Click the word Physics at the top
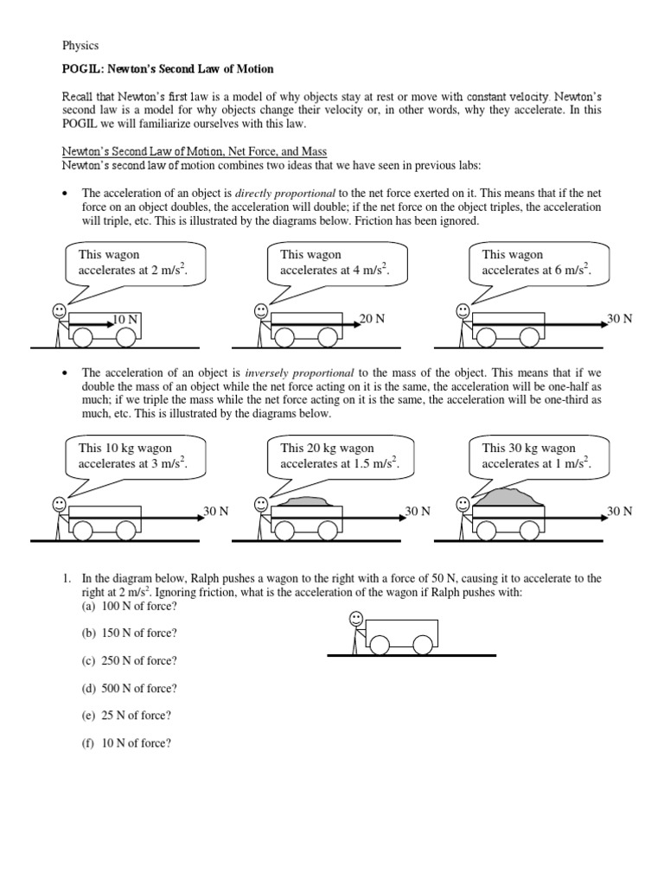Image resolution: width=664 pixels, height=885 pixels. (80, 45)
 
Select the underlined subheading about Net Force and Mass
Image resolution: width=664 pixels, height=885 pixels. (195, 152)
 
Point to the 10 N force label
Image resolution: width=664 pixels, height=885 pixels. (126, 320)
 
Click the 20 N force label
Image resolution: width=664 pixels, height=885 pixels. (373, 319)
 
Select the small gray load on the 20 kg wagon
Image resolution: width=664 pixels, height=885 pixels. (308, 500)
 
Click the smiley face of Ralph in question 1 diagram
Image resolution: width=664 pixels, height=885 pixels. (355, 617)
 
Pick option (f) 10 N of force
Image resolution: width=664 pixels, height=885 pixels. (125, 742)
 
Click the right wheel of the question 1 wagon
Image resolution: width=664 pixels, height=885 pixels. (422, 645)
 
